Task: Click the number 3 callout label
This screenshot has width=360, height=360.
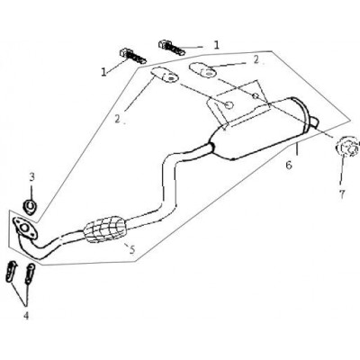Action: coord(31,176)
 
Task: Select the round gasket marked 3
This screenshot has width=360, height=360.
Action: coord(30,207)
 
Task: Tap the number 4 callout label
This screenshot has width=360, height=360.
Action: coord(26,315)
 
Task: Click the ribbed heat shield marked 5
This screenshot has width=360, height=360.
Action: coord(104,229)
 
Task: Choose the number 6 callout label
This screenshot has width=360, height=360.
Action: coord(289,166)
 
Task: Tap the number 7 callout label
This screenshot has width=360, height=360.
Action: coord(342,194)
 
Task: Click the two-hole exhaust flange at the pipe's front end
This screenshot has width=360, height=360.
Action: coord(25,229)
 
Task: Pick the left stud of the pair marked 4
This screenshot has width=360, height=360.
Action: coord(12,271)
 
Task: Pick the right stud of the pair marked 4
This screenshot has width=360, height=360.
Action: coord(30,273)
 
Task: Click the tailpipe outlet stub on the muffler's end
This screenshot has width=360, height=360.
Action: coord(313,121)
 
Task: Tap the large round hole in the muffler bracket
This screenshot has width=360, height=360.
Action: coord(229,105)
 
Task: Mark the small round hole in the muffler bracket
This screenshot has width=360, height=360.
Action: coord(256,96)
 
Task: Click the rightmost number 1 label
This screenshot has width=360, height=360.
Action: coord(216,45)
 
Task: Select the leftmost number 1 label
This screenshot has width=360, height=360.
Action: coord(103,72)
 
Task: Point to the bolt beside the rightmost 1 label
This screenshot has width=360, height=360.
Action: coord(171,48)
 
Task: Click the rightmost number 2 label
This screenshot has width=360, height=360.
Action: coord(256,59)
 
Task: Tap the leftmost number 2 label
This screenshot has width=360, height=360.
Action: coord(117,119)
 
